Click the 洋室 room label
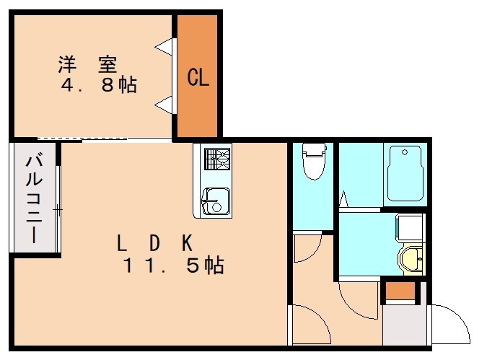(87, 64)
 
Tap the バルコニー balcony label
(33, 198)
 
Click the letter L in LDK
(122, 242)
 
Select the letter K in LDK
(187, 242)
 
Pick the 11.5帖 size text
(173, 265)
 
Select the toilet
(314, 162)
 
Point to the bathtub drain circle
(404, 152)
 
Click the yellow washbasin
(413, 259)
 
